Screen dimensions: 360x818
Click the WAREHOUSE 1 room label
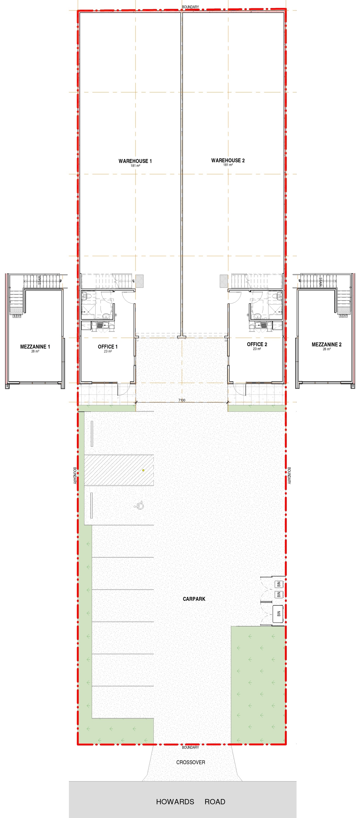coord(135,161)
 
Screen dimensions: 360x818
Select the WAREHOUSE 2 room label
coord(228,160)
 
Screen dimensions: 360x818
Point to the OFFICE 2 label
coord(257,344)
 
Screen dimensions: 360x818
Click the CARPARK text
coord(194,599)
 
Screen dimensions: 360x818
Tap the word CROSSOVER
coord(191,762)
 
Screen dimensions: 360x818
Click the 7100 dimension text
coord(182,400)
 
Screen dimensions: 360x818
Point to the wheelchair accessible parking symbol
coord(139,505)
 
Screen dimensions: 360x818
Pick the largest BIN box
coord(278,614)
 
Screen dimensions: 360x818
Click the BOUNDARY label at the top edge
coord(190,7)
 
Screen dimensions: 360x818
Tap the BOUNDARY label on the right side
coord(289,475)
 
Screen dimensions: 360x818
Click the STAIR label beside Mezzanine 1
coord(39,280)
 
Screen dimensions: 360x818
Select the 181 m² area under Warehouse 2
coord(228,165)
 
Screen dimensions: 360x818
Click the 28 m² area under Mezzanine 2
coord(327,349)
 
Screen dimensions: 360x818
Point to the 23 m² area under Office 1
coord(108,351)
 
